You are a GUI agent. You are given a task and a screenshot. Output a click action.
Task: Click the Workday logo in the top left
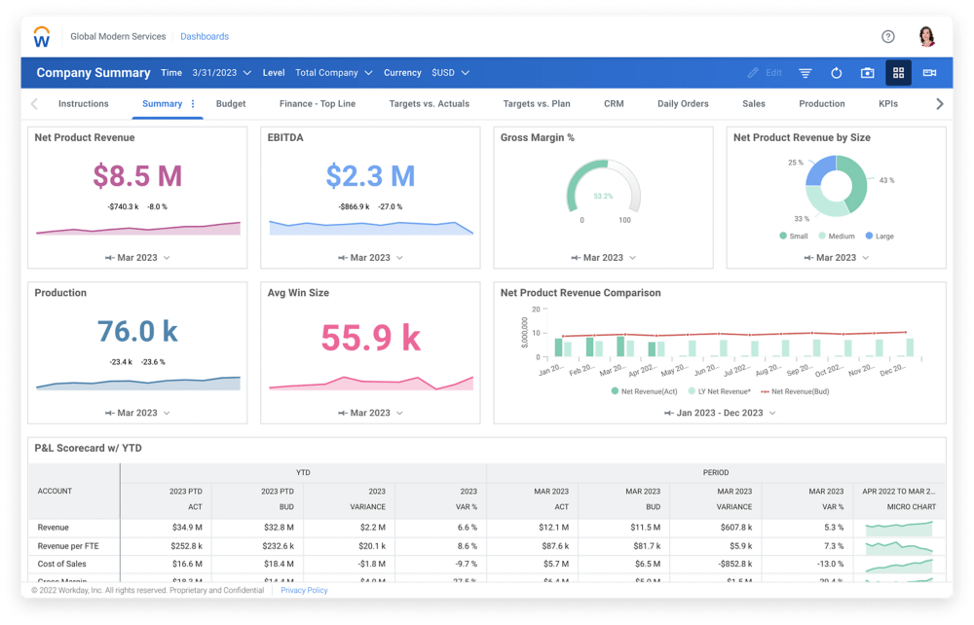tap(42, 37)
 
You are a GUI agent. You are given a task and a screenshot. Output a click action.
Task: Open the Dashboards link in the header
tap(205, 37)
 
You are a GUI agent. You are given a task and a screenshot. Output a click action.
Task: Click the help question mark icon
tap(887, 37)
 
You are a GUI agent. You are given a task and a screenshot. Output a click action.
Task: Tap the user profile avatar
tap(926, 37)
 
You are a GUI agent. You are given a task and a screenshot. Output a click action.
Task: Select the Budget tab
tap(231, 104)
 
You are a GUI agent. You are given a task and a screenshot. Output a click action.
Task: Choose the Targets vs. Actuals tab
tap(429, 104)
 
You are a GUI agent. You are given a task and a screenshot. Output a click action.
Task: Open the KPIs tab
tap(887, 104)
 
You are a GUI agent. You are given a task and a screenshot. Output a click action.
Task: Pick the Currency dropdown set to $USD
tap(450, 73)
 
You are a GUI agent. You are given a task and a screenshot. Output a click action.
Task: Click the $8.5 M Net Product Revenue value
tap(137, 176)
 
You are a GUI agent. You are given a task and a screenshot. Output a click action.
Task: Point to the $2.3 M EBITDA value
tap(370, 176)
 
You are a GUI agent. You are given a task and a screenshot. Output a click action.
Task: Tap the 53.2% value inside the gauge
tap(603, 197)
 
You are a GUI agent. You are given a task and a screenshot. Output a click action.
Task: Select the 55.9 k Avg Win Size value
tap(370, 338)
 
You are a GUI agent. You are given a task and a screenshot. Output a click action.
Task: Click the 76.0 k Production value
tap(137, 332)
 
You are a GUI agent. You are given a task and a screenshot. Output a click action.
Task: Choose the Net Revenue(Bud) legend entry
tap(797, 391)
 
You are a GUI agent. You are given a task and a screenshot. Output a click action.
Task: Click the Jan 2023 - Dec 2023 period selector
tap(720, 413)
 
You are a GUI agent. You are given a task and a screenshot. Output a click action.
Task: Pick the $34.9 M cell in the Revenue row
tap(188, 528)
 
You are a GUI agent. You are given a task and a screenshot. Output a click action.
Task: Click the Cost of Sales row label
tap(63, 564)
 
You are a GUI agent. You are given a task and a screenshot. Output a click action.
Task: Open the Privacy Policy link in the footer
tap(304, 590)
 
